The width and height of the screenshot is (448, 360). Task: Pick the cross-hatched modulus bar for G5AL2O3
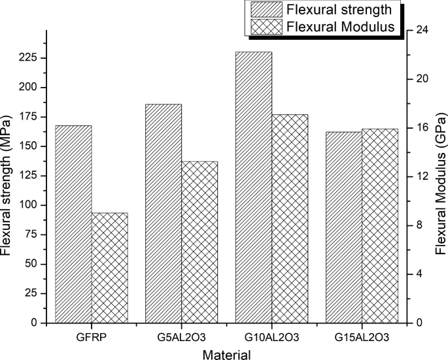click(199, 242)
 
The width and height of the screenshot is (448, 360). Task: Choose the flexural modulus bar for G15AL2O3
click(380, 225)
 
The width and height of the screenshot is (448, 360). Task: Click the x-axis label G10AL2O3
click(271, 337)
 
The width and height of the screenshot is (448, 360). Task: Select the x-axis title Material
click(226, 355)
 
